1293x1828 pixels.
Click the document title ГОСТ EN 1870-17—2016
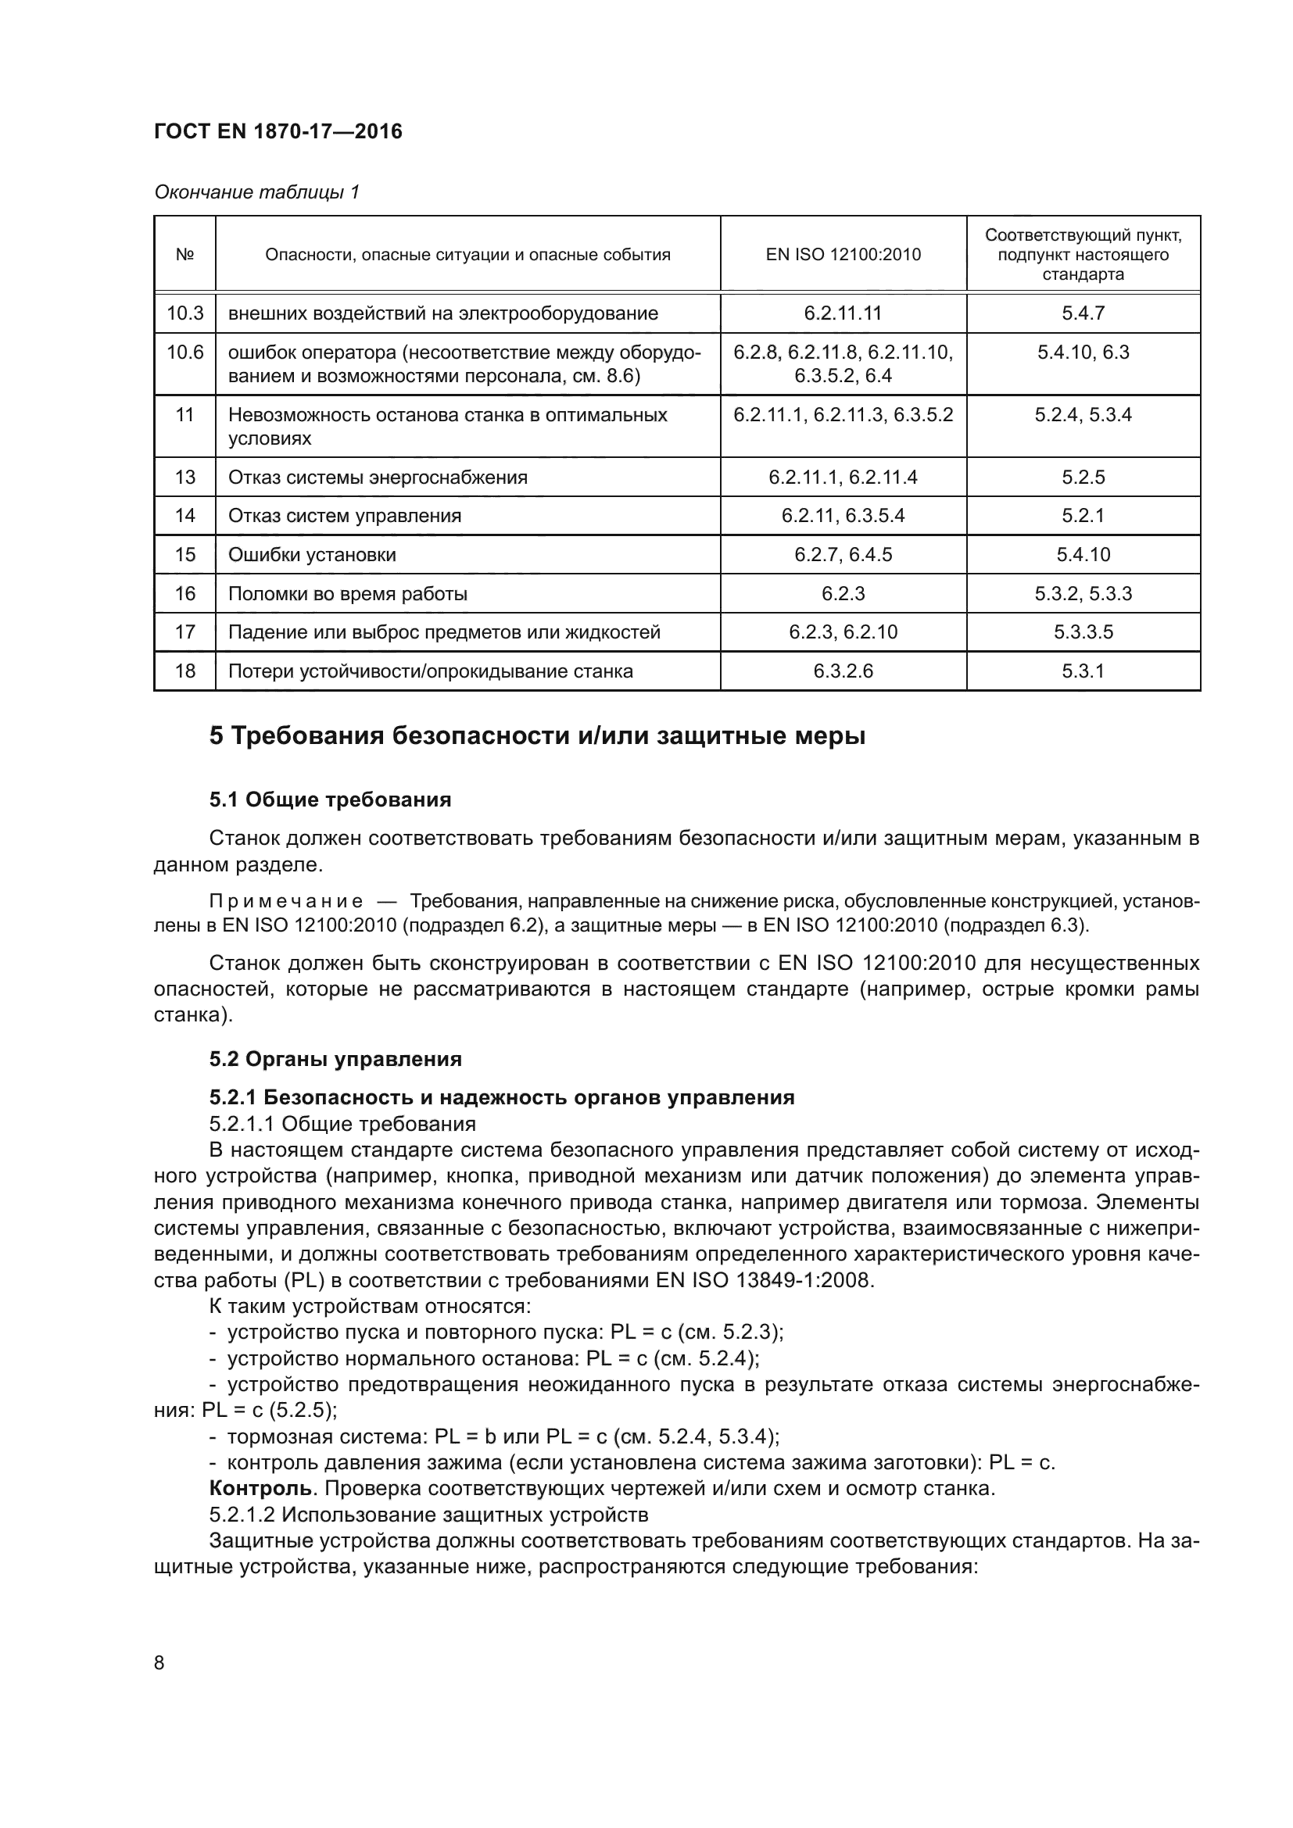[278, 131]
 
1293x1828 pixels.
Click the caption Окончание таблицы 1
[256, 192]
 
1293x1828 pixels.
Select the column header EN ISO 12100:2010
[843, 255]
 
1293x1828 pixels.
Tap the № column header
[184, 255]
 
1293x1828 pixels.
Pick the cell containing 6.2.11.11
[843, 313]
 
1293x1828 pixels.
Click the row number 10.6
[184, 352]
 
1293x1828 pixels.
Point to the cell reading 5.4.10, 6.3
[1083, 352]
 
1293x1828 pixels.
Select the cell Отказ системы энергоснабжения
[378, 478]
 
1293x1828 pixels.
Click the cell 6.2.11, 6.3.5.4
[843, 516]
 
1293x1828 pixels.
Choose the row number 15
[184, 555]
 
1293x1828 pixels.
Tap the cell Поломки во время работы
[347, 594]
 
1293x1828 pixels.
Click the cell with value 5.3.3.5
[1083, 632]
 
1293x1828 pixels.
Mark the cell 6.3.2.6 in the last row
[843, 671]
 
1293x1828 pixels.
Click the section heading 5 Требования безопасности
[537, 735]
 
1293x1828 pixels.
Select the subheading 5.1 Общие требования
[330, 800]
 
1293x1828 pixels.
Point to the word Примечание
[286, 902]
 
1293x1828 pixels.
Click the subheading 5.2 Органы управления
[335, 1059]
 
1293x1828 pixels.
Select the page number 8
[159, 1663]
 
